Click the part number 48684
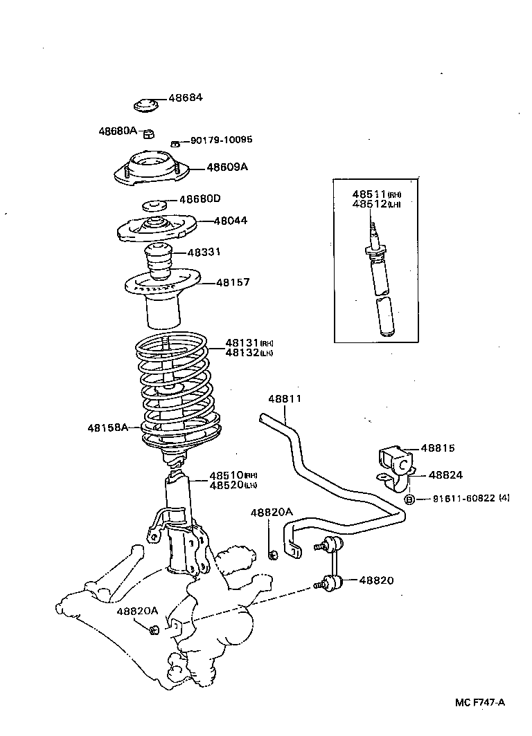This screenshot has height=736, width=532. [185, 98]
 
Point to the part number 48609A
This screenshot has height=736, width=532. [227, 167]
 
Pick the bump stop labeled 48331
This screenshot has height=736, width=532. [160, 261]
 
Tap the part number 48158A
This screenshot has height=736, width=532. [107, 427]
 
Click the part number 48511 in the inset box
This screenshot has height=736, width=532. [369, 194]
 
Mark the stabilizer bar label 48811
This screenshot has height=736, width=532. [285, 399]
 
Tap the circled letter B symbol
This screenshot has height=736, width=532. [409, 499]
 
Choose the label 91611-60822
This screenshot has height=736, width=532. [463, 499]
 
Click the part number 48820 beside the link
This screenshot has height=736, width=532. [376, 580]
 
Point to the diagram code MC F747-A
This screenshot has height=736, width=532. [480, 702]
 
